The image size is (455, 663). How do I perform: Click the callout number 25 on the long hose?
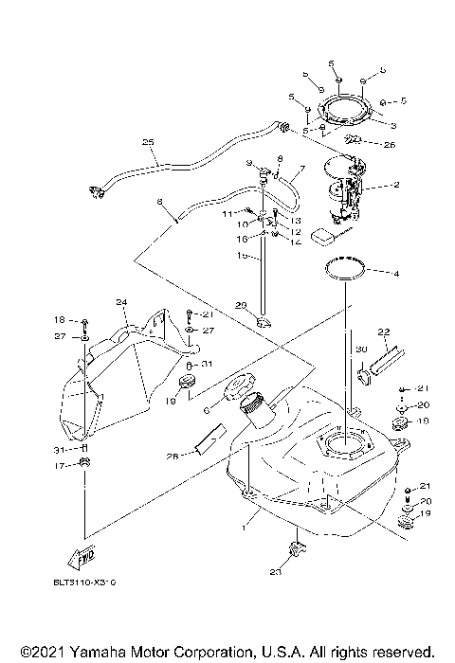pyautogui.click(x=148, y=143)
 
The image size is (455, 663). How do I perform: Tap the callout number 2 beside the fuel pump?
pyautogui.click(x=395, y=185)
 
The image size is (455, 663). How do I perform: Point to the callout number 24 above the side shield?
pyautogui.click(x=121, y=303)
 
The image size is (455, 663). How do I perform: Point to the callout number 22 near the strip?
pyautogui.click(x=384, y=331)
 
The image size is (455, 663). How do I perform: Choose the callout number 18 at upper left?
pyautogui.click(x=59, y=320)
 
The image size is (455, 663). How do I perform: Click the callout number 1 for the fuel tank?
pyautogui.click(x=248, y=522)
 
